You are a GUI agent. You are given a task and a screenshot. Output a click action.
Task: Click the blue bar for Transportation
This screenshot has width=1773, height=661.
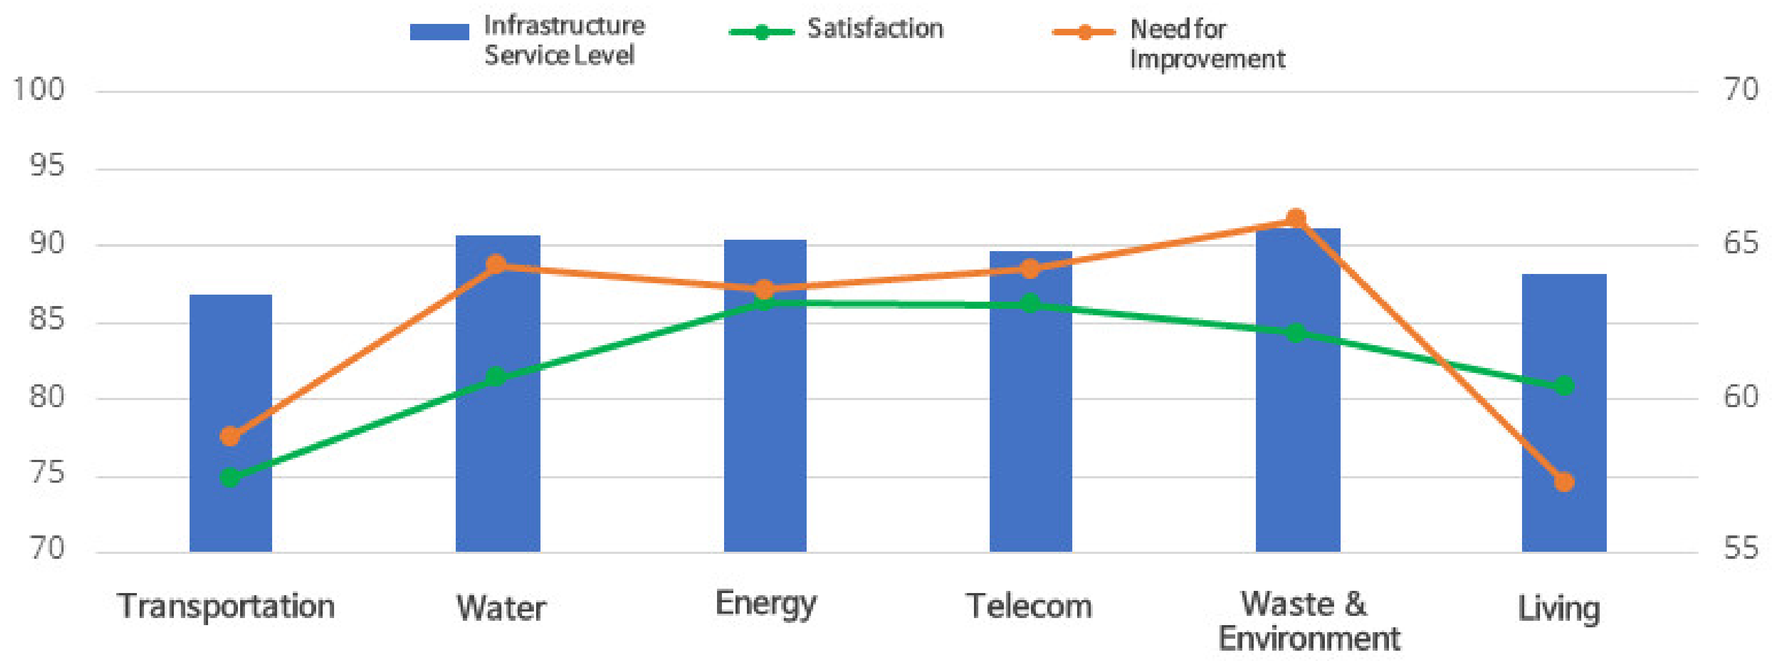coord(230,496)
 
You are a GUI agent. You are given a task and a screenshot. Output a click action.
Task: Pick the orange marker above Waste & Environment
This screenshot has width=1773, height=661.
coord(1296,219)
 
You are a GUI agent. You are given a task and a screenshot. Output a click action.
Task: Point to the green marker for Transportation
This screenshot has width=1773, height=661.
coord(230,477)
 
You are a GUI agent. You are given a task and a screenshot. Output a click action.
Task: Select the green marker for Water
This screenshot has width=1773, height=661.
coord(496,377)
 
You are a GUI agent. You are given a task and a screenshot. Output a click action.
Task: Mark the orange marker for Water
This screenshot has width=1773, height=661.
coord(496,264)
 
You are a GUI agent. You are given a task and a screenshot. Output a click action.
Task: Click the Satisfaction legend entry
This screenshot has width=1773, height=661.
coord(874,29)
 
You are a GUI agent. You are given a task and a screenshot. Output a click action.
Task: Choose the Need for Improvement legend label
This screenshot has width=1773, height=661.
coord(1206,44)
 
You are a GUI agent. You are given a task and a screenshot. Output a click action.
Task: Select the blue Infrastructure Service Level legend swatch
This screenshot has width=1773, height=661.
coord(439,32)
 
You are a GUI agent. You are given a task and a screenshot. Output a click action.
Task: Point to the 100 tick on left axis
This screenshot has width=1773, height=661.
coord(39,90)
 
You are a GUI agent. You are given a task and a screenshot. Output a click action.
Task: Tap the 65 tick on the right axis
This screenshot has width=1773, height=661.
coord(1740,244)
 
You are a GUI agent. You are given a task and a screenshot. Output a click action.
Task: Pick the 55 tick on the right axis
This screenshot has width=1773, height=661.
coord(1740,549)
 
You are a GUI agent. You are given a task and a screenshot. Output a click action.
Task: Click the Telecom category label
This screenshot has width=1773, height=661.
coord(1028,607)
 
